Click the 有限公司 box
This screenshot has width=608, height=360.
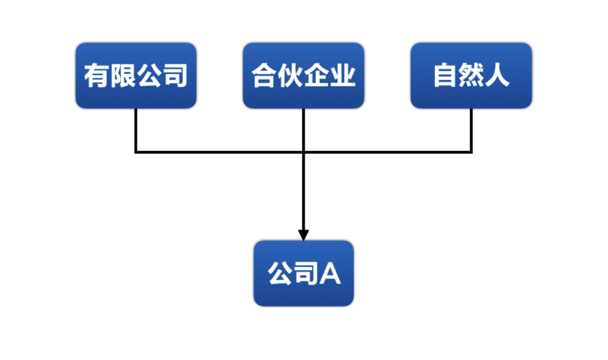coord(136,75)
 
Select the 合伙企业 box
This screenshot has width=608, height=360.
coord(303,75)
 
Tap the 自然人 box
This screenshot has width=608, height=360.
coord(471,75)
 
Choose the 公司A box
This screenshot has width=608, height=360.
coord(303,273)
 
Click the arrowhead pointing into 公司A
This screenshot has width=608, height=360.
coord(303,235)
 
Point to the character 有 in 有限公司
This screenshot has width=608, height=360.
coord(97,75)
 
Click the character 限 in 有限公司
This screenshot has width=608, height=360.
coord(123,75)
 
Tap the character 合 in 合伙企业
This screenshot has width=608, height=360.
coord(264,75)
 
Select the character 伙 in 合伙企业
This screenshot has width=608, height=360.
coord(290,75)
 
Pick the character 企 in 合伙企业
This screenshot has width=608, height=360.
coord(316,75)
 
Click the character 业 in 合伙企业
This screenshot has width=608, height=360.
coord(343,75)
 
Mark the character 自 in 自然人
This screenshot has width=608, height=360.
coord(445,75)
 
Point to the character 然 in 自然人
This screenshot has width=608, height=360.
coord(471,75)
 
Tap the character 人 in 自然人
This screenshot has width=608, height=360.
coord(497,75)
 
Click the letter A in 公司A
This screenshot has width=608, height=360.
coord(330,274)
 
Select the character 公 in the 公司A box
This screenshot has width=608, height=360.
coord(280,273)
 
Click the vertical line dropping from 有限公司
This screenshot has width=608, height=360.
coord(136,130)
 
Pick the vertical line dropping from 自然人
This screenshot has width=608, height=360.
coord(471,130)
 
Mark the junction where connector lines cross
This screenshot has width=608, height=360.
coord(303,152)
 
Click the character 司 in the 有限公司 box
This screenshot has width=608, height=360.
coord(176,75)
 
